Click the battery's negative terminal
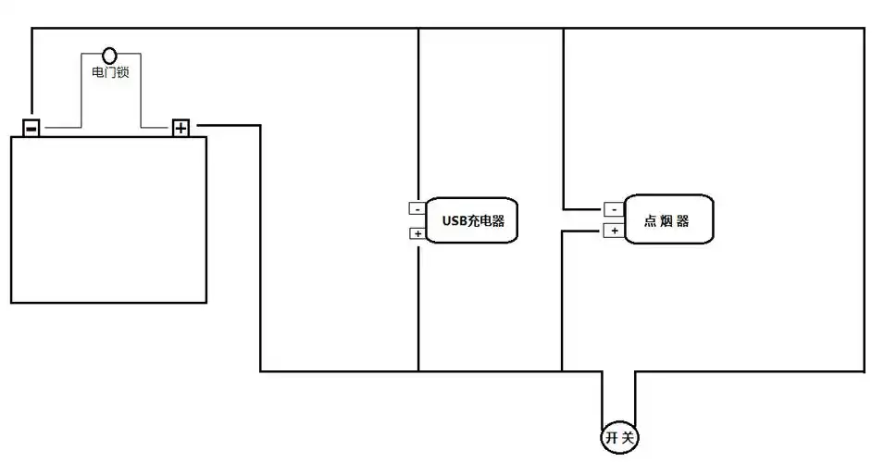tap(31, 128)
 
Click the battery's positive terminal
tap(181, 128)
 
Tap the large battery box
tap(108, 219)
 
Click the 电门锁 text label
tap(110, 72)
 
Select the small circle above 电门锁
tap(110, 56)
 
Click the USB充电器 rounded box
tap(472, 221)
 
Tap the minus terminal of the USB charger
tap(417, 208)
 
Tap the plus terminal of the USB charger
tap(417, 233)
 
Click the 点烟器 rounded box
tap(669, 219)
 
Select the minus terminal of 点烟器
tap(613, 208)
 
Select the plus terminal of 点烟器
tap(613, 230)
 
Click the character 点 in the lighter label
tap(650, 220)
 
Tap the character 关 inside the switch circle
tap(629, 437)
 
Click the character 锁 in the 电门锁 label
tap(122, 72)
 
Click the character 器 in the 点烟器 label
tap(684, 220)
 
